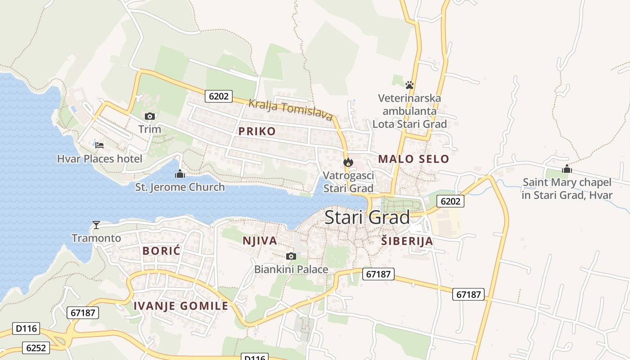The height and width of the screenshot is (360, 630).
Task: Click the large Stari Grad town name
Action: pyautogui.click(x=367, y=217)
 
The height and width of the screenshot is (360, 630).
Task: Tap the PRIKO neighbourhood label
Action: pyautogui.click(x=257, y=131)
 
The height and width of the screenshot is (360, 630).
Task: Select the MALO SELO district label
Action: pyautogui.click(x=414, y=159)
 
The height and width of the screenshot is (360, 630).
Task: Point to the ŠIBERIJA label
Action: pyautogui.click(x=407, y=241)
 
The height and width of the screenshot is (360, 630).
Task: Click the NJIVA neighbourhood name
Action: pyautogui.click(x=260, y=241)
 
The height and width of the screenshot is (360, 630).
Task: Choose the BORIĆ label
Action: pyautogui.click(x=162, y=251)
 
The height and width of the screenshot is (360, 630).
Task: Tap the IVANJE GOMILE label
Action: pyautogui.click(x=181, y=306)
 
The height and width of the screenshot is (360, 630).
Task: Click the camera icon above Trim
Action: pyautogui.click(x=150, y=117)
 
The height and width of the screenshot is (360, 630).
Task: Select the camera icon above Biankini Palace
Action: pyautogui.click(x=291, y=256)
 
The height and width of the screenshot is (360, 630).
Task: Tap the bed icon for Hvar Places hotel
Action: pyautogui.click(x=99, y=145)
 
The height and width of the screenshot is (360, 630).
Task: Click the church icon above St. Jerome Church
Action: pyautogui.click(x=180, y=174)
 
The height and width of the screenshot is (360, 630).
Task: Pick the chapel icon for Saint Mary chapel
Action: pyautogui.click(x=567, y=169)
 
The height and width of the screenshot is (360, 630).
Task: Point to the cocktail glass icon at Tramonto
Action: pyautogui.click(x=96, y=225)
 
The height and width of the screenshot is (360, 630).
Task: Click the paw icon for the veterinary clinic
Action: pyautogui.click(x=409, y=85)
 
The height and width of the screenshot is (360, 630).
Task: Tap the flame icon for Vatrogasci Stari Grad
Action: pyautogui.click(x=348, y=162)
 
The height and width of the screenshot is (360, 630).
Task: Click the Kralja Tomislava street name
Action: pyautogui.click(x=291, y=110)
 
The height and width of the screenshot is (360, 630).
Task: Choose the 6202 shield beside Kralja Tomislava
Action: pyautogui.click(x=219, y=96)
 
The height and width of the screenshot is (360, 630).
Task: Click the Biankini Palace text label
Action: pyautogui.click(x=291, y=270)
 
